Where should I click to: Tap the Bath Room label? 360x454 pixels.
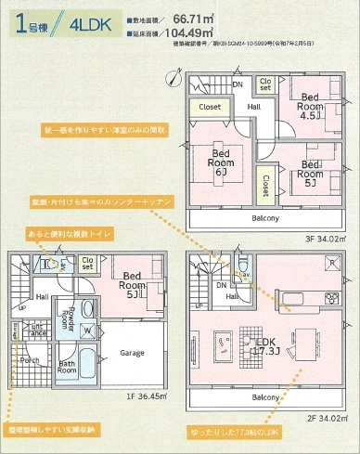click(68, 366)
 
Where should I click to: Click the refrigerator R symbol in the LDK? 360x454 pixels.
click(332, 264)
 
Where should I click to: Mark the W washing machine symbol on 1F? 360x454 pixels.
click(86, 330)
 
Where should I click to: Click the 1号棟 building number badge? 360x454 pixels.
click(30, 23)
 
